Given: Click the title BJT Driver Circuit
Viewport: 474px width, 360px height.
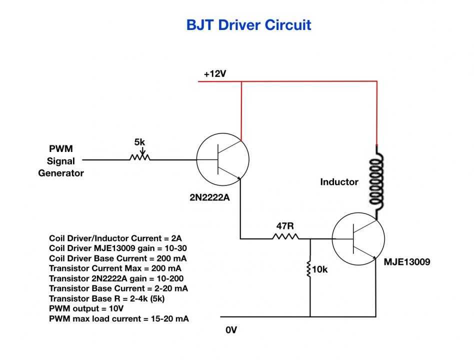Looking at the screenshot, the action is pos(248,25).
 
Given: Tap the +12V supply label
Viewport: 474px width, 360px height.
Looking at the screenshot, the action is pos(215,74).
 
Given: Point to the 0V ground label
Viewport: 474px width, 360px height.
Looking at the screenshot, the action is pos(231,330).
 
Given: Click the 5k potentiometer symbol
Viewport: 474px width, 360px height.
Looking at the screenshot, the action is pos(140,155).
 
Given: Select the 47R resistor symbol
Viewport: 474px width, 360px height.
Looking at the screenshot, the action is pos(285,236).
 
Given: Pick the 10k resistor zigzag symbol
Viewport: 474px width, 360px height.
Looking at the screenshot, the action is pos(308,267).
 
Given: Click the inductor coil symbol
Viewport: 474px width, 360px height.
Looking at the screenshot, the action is pos(376,181).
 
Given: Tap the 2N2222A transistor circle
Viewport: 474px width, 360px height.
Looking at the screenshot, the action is pos(223,159).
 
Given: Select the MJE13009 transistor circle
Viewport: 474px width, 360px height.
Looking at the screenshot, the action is pos(358,239).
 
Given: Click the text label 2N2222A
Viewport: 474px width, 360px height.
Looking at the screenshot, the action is pos(209,197).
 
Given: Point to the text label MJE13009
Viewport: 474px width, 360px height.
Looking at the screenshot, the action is pos(407,262).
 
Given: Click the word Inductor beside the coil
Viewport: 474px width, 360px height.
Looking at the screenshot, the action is pos(339,181).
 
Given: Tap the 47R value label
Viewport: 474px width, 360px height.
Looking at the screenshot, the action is pos(285,226).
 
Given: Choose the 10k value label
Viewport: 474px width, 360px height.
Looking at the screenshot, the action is pos(320,269).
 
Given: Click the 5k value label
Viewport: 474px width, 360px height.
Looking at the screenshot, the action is pos(139,142).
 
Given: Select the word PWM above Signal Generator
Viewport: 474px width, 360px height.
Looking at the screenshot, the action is pos(61,148).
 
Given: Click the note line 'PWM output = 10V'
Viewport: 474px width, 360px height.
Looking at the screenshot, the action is pos(86,308).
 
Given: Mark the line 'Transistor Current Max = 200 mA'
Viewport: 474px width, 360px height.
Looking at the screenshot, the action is pos(115,268).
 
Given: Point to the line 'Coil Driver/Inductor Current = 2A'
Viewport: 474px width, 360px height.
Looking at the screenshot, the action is pos(115,238).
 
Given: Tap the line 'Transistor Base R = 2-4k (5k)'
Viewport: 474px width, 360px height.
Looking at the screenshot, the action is pos(106,298).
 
